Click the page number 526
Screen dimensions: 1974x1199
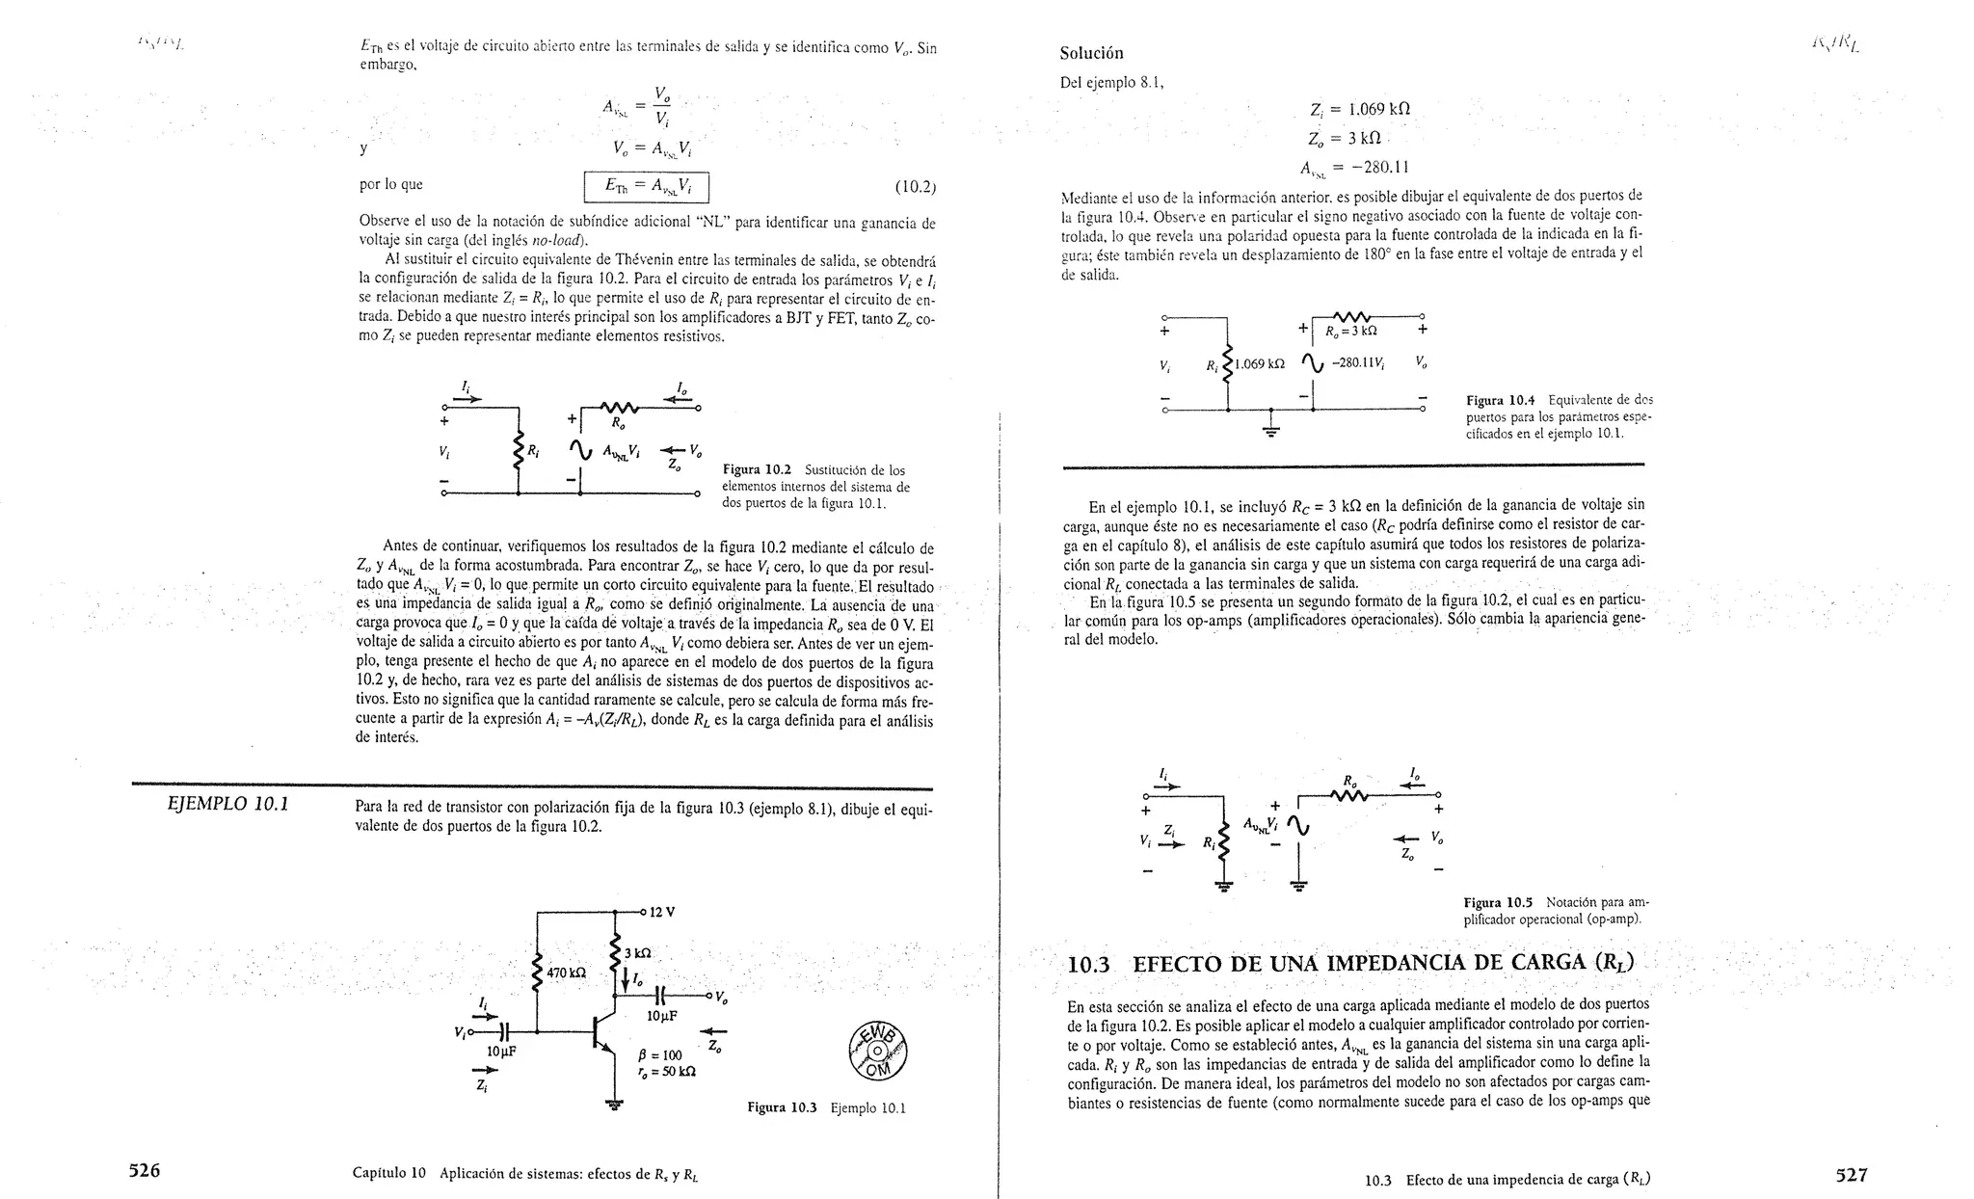(x=145, y=1171)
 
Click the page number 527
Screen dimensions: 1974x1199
(x=1852, y=1174)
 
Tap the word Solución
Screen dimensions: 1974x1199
(x=1091, y=53)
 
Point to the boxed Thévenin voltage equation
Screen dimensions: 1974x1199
(x=647, y=185)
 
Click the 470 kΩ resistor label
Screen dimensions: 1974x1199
(x=567, y=973)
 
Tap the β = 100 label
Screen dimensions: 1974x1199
(x=659, y=1055)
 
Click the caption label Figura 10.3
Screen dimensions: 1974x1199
(x=782, y=1107)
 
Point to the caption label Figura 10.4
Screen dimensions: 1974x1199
(x=1501, y=400)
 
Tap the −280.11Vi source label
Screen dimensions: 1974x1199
(x=1358, y=363)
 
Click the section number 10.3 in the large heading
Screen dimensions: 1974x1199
(x=1090, y=965)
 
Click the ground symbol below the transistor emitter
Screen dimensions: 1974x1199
(x=613, y=1105)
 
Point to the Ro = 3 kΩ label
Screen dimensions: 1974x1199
(x=1351, y=331)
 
